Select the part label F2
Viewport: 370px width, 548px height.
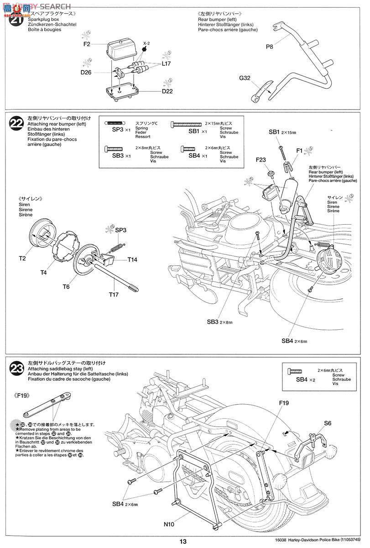pyautogui.click(x=87, y=44)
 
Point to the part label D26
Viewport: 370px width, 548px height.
pyautogui.click(x=87, y=72)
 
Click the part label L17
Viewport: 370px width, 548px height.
pyautogui.click(x=166, y=64)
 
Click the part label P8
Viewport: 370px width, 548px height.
pyautogui.click(x=270, y=47)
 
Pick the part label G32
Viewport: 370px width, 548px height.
pyautogui.click(x=245, y=78)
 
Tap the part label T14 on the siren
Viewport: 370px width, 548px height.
pyautogui.click(x=132, y=259)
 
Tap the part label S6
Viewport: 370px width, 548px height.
pyautogui.click(x=328, y=423)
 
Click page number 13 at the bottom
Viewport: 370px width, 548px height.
pyautogui.click(x=183, y=542)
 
